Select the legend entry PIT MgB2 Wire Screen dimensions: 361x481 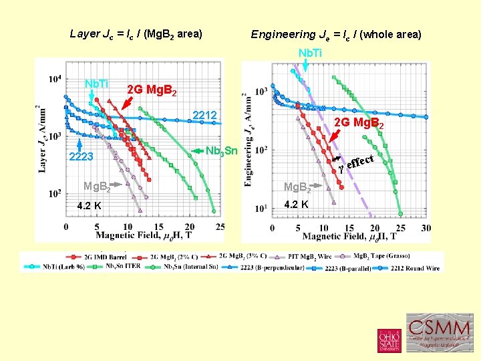(307, 257)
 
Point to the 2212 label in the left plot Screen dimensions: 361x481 (204, 116)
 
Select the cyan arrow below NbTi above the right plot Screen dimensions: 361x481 (305, 65)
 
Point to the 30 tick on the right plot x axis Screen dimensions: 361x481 (426, 228)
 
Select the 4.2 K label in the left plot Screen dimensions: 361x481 (89, 205)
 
